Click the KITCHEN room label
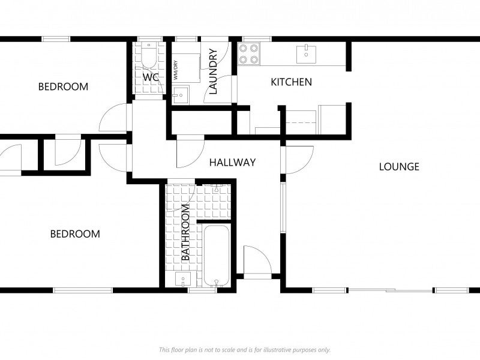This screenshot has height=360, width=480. tap(291, 82)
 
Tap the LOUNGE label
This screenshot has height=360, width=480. tap(398, 166)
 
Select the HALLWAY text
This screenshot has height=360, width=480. tap(232, 162)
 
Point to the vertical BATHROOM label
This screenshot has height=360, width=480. tap(185, 232)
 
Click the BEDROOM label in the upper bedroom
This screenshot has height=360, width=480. tap(63, 86)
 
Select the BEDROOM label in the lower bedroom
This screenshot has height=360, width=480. tap(74, 233)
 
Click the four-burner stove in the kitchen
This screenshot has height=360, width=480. tap(249, 54)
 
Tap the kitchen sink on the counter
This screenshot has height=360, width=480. tap(307, 52)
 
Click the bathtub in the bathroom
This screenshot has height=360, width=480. tap(214, 255)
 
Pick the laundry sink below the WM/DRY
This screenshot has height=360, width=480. tap(180, 95)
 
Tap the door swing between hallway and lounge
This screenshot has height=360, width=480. tap(298, 160)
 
